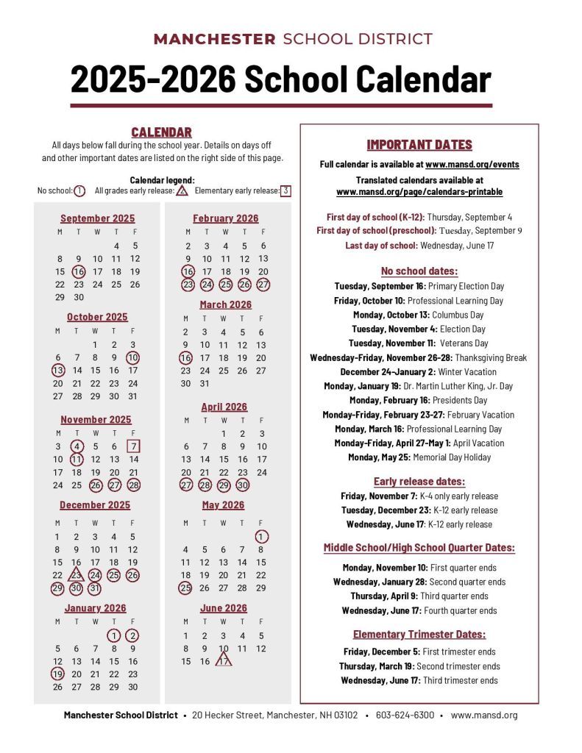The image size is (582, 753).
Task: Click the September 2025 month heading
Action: pyautogui.click(x=97, y=218)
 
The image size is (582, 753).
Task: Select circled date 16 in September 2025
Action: pyautogui.click(x=78, y=271)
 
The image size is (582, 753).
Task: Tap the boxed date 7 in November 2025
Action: pyautogui.click(x=133, y=446)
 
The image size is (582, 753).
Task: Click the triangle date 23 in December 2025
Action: pyautogui.click(x=77, y=575)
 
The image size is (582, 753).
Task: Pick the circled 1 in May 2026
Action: pyautogui.click(x=261, y=537)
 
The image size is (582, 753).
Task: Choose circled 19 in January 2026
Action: pyautogui.click(x=58, y=674)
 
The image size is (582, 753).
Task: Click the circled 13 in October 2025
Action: pyautogui.click(x=58, y=371)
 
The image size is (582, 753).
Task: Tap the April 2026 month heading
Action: pyautogui.click(x=224, y=407)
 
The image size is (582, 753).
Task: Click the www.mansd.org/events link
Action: pyautogui.click(x=472, y=165)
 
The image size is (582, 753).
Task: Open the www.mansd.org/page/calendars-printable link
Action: pyautogui.click(x=419, y=192)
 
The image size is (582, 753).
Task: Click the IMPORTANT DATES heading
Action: pyautogui.click(x=419, y=145)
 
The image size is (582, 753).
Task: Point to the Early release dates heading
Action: pyautogui.click(x=419, y=482)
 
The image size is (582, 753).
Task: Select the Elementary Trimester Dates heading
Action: pyautogui.click(x=419, y=634)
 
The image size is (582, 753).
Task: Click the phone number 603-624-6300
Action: pyautogui.click(x=405, y=715)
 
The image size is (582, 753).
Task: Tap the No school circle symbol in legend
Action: pyautogui.click(x=79, y=191)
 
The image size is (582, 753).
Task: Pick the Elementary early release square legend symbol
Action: pyautogui.click(x=285, y=191)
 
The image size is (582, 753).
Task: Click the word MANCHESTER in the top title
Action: pyautogui.click(x=215, y=40)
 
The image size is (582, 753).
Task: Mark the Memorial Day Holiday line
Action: pyautogui.click(x=419, y=457)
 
